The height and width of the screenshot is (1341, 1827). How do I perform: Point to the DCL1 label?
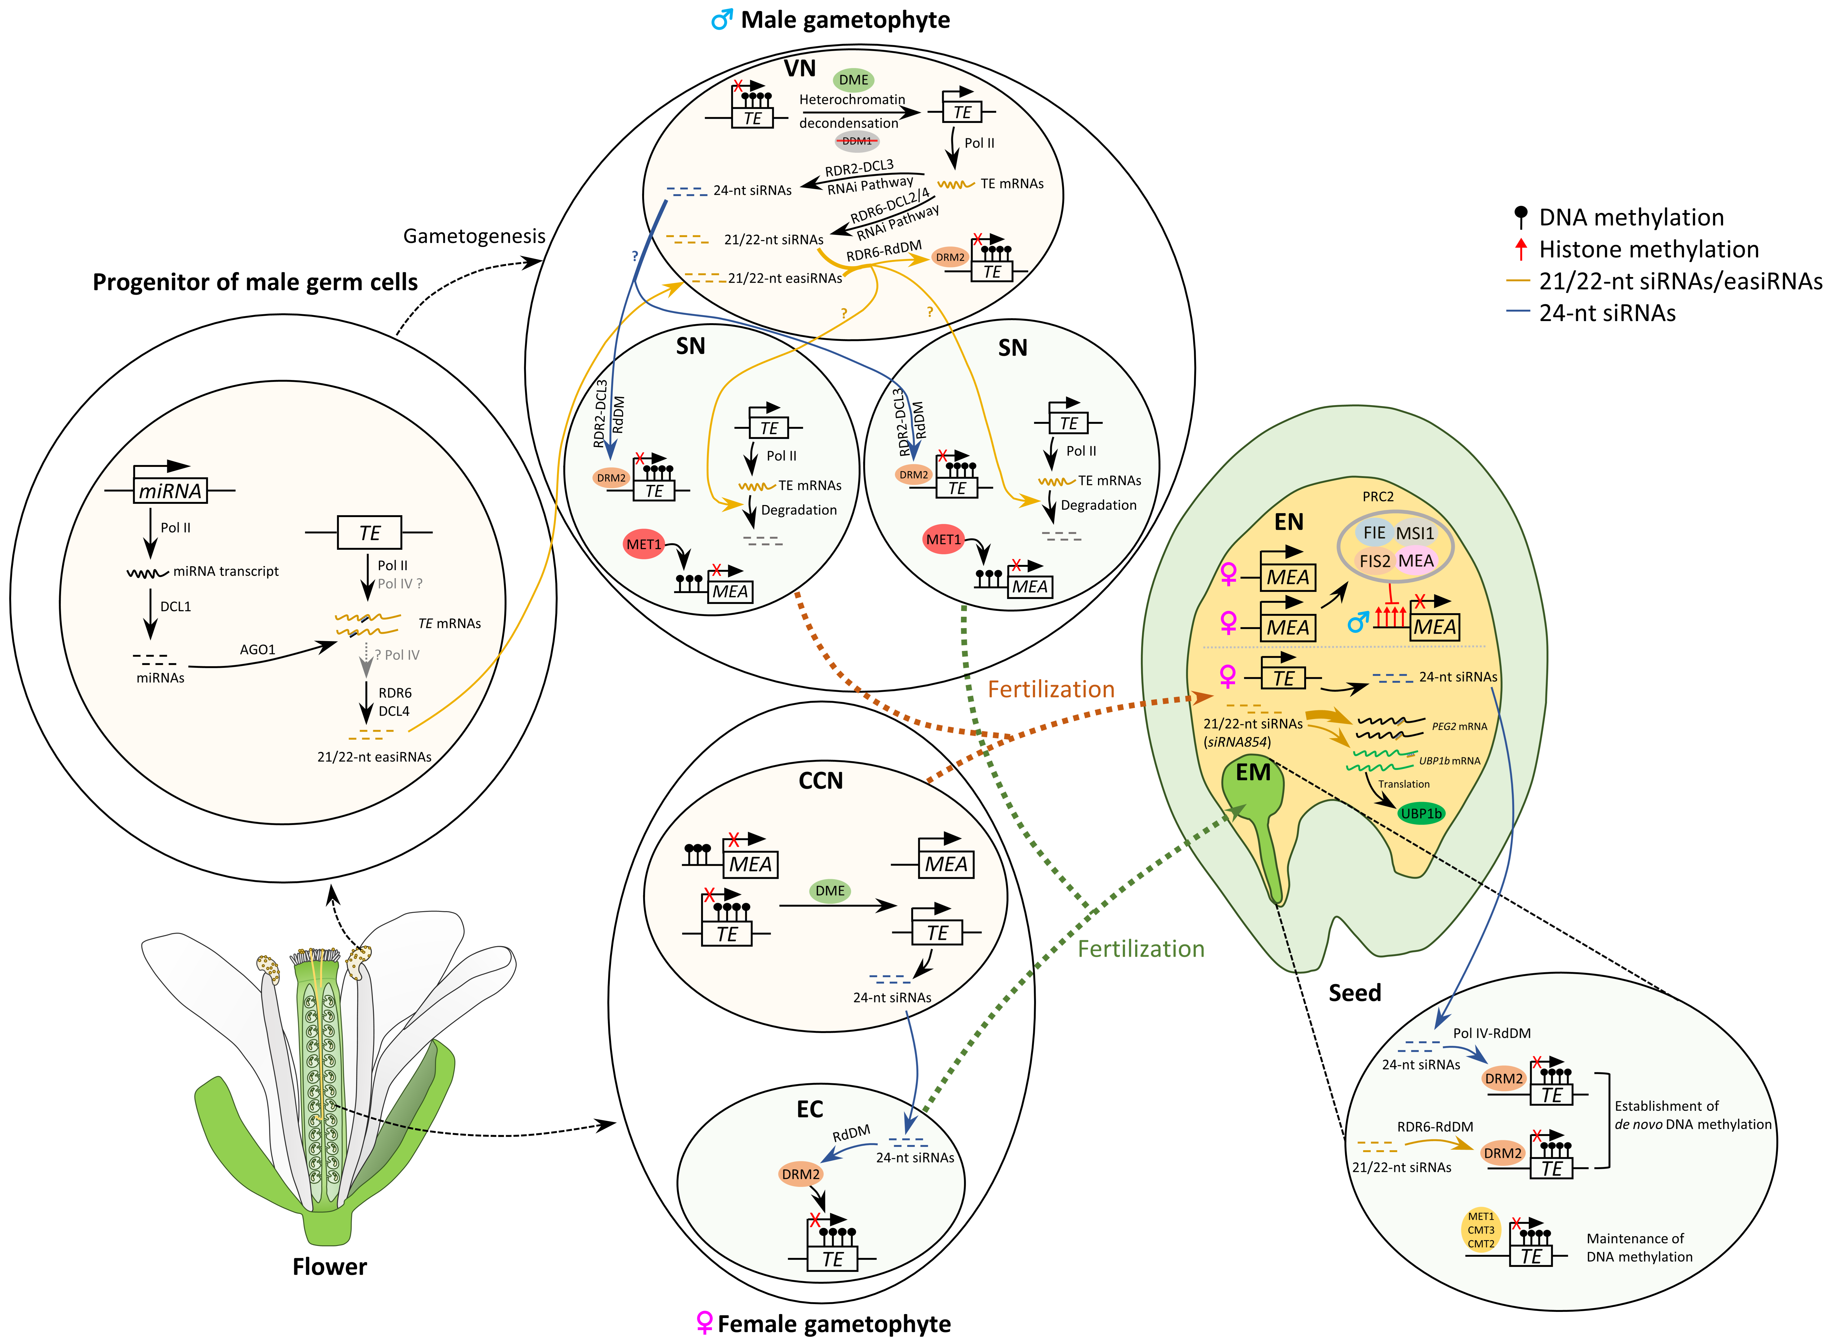pyautogui.click(x=175, y=606)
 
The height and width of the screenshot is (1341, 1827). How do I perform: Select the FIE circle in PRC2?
pyautogui.click(x=1374, y=533)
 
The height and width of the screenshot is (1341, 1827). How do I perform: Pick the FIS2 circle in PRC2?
pyautogui.click(x=1375, y=561)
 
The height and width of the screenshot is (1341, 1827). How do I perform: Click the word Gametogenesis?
pyautogui.click(x=474, y=236)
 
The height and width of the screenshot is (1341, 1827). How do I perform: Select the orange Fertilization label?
pyautogui.click(x=1051, y=689)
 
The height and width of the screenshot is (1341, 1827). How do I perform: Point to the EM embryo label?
pyautogui.click(x=1253, y=773)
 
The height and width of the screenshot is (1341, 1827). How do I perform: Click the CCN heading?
pyautogui.click(x=821, y=781)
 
